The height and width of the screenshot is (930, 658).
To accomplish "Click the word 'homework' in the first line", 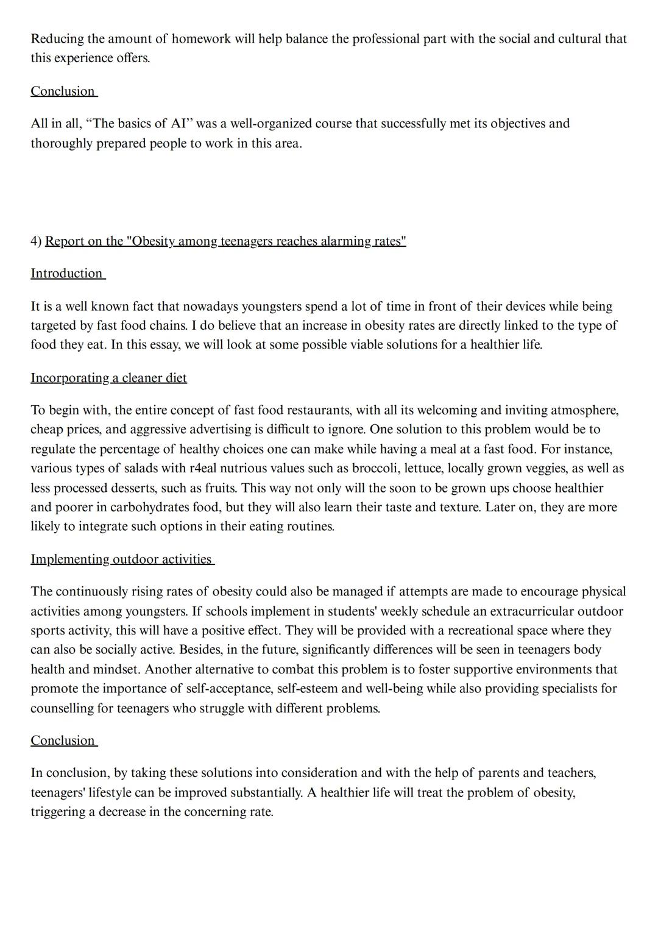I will (x=201, y=39).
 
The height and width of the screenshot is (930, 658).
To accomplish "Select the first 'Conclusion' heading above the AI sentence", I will (x=63, y=91).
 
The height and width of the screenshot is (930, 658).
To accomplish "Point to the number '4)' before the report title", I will (x=36, y=241).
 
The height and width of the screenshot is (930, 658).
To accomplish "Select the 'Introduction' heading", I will (x=66, y=274).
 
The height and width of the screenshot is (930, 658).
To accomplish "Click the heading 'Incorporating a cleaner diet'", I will (x=108, y=378).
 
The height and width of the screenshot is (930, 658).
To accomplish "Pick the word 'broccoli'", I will (x=375, y=469).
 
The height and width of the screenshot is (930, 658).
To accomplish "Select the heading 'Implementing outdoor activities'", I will (x=121, y=559).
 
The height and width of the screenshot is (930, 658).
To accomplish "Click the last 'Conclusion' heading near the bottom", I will (x=63, y=740).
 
